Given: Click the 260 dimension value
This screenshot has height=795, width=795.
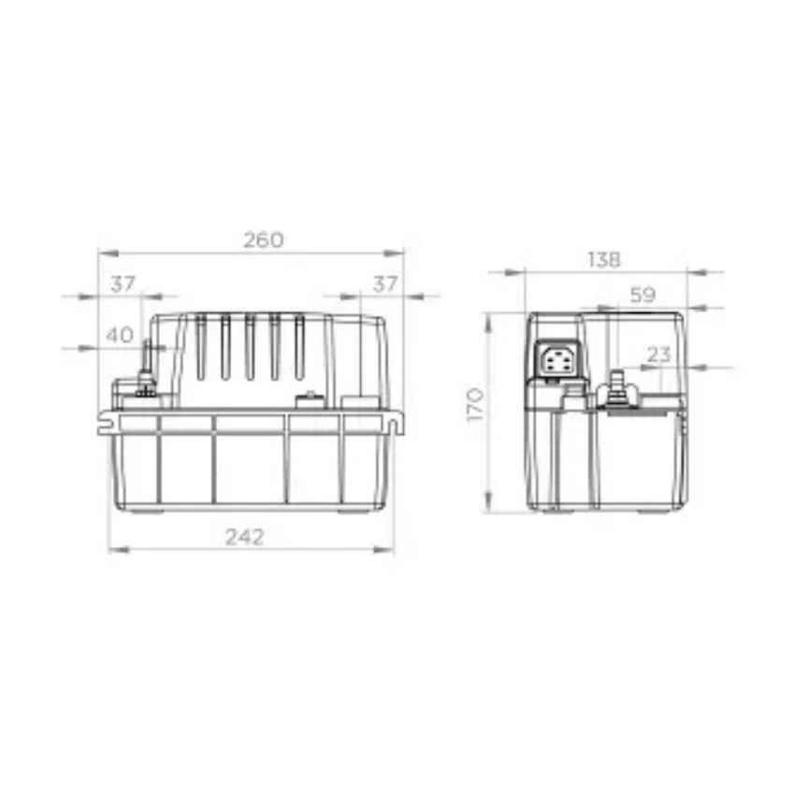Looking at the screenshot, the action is click(x=264, y=239).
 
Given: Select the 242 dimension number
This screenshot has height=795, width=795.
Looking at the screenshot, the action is click(x=245, y=537).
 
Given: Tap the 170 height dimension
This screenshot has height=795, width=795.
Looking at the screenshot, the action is click(x=475, y=404).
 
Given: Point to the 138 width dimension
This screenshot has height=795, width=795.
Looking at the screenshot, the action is click(x=604, y=260).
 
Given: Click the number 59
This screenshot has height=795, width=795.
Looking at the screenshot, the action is click(x=643, y=295).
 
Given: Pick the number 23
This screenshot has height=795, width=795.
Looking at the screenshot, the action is click(x=658, y=354).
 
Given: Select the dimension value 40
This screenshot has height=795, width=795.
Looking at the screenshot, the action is click(x=120, y=335).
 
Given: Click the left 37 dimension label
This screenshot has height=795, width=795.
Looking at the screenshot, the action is click(x=123, y=284).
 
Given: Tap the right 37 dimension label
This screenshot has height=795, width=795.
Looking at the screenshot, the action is click(x=385, y=284).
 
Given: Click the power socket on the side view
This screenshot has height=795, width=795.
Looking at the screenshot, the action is click(x=556, y=359).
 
